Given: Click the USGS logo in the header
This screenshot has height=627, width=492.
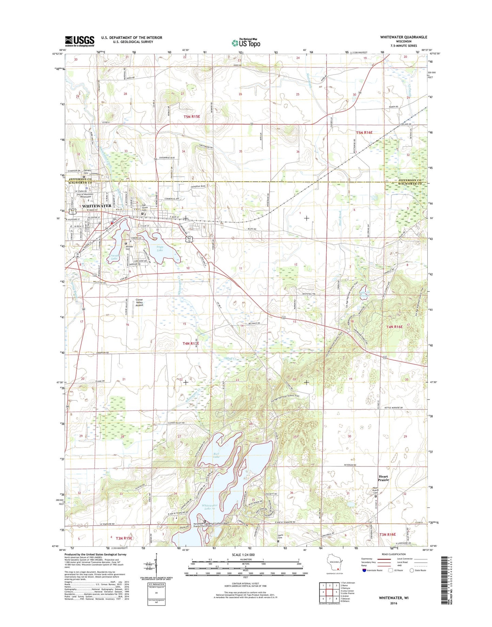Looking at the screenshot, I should (x=79, y=41).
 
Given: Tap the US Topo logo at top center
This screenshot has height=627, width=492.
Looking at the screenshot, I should (x=246, y=43).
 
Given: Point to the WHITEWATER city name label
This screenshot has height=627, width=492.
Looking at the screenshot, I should (x=97, y=206).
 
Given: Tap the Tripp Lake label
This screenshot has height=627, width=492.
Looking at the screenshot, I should (x=160, y=248).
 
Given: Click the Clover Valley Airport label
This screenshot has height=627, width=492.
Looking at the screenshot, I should (x=139, y=302).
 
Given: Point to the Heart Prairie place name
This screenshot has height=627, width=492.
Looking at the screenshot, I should (x=383, y=478).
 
